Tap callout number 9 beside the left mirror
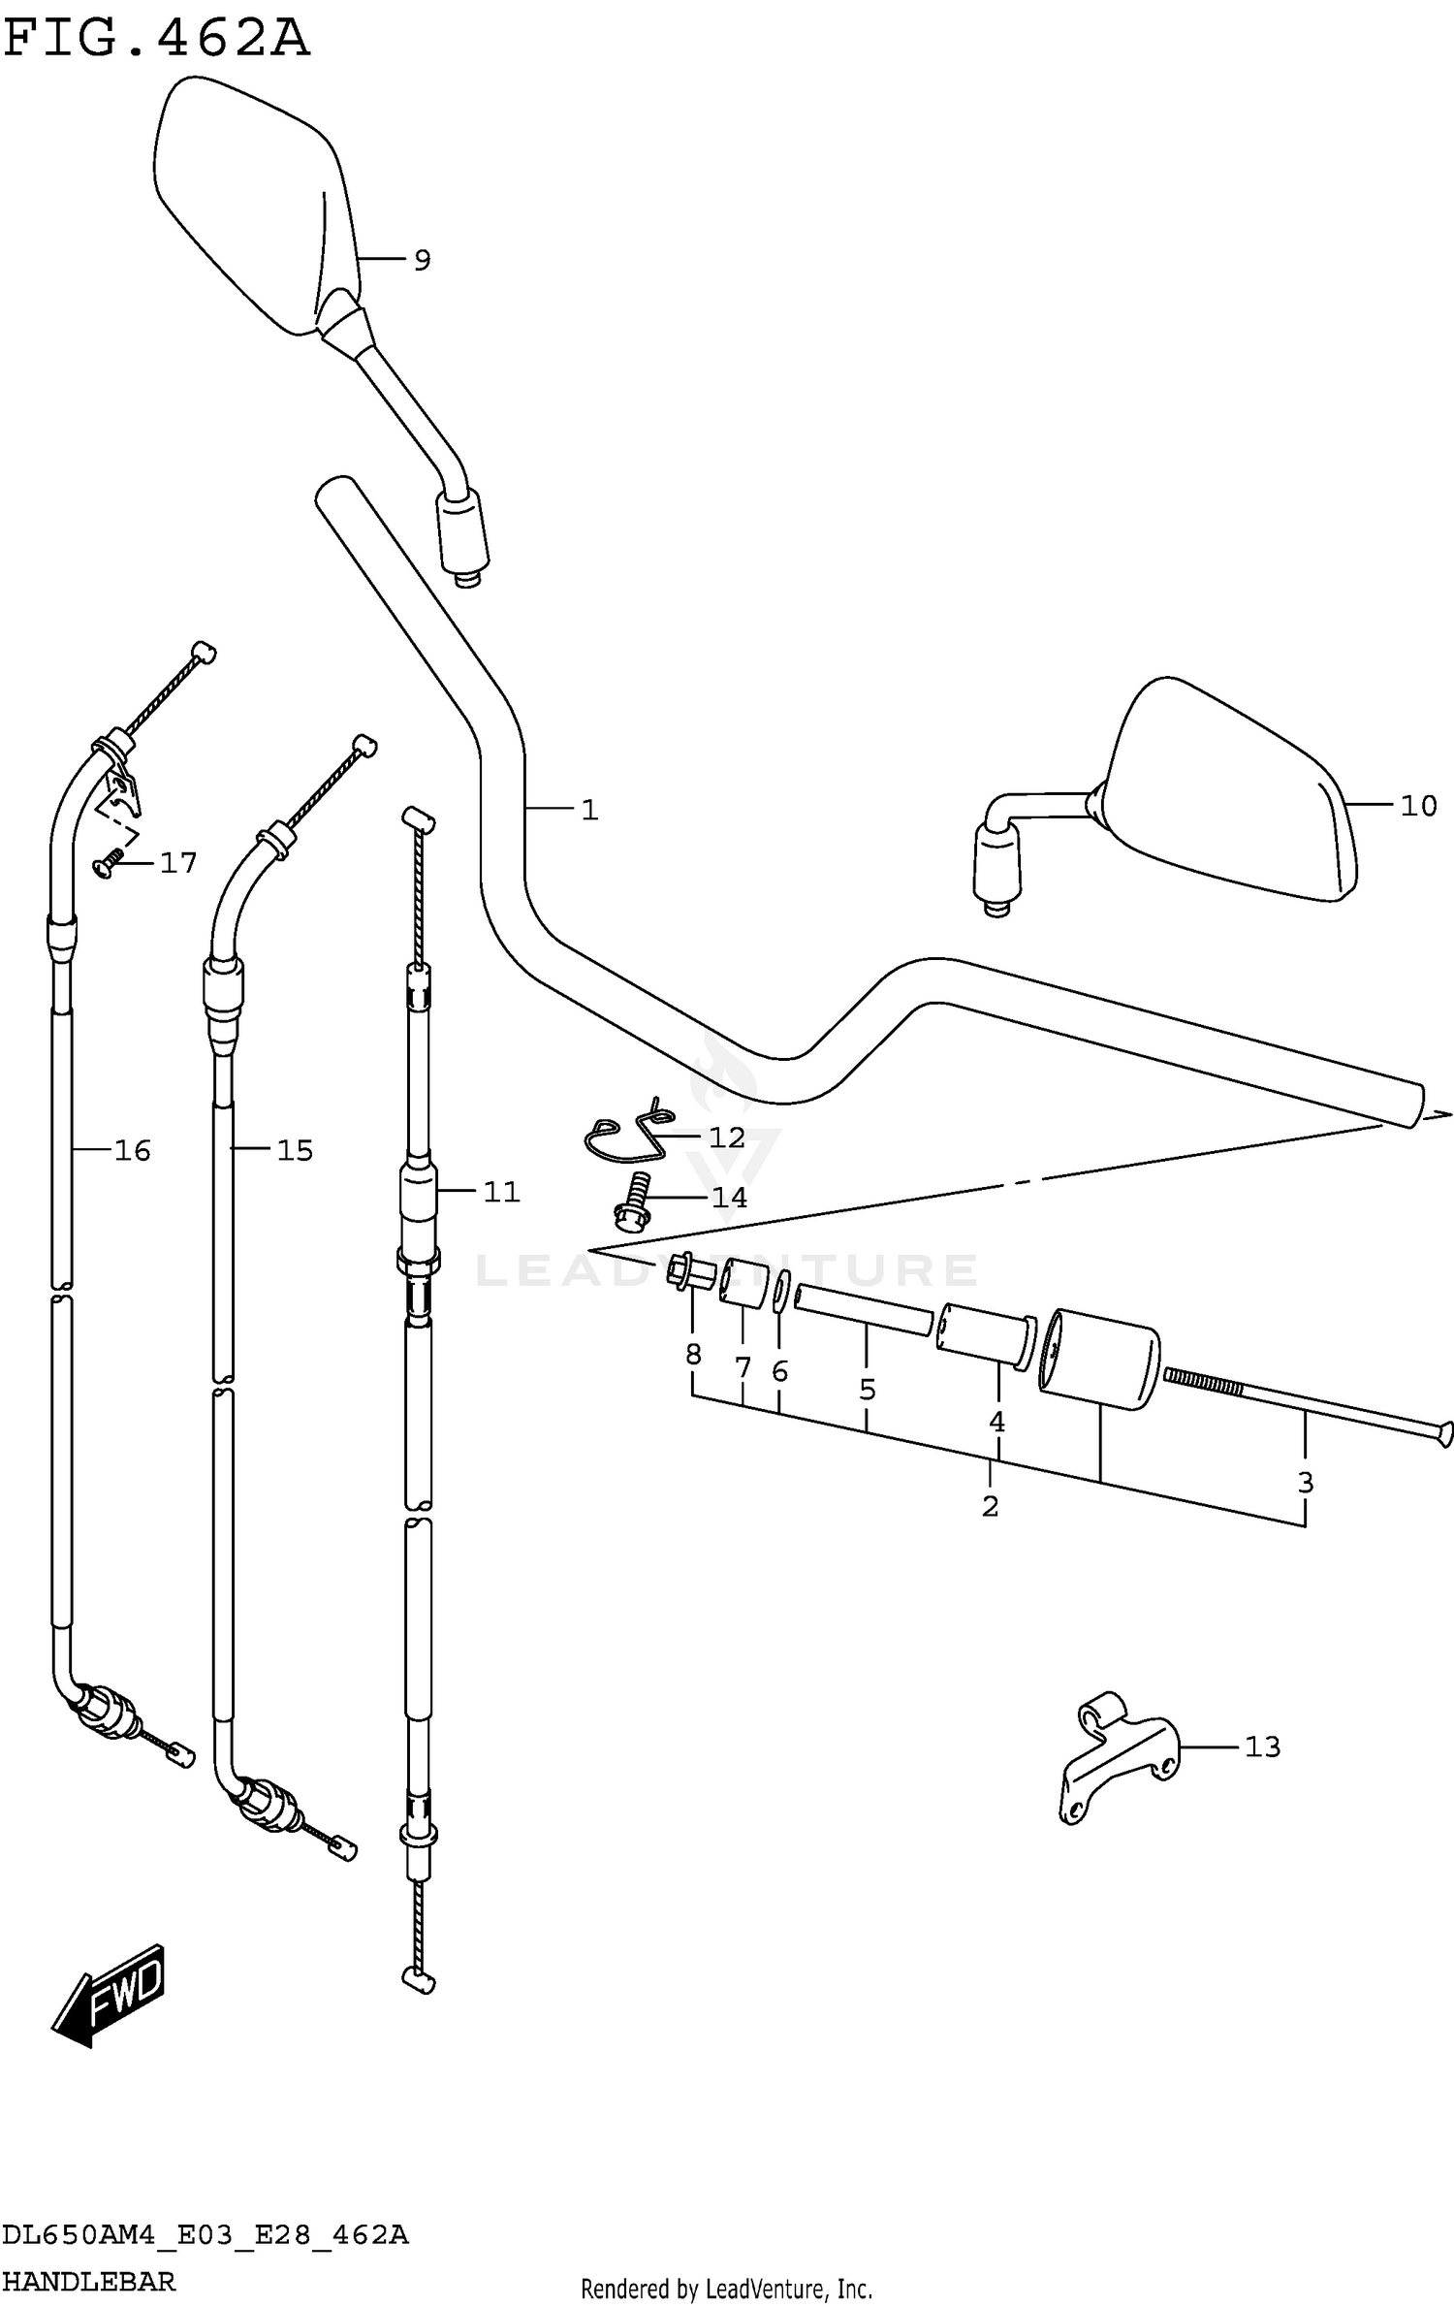point(422,260)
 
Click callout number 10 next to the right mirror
point(1418,805)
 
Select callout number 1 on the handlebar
point(589,810)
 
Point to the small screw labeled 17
point(107,864)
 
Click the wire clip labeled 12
point(628,1136)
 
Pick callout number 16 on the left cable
point(133,1150)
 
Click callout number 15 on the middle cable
point(295,1150)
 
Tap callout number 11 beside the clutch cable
point(502,1191)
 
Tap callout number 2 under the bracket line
point(990,1506)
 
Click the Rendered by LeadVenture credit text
point(726,2290)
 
